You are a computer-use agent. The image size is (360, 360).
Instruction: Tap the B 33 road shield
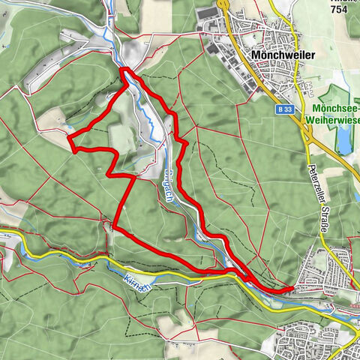click(x=283, y=109)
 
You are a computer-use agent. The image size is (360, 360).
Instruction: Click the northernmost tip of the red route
click(x=123, y=70)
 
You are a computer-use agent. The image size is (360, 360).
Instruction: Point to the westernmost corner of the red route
click(x=68, y=138)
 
